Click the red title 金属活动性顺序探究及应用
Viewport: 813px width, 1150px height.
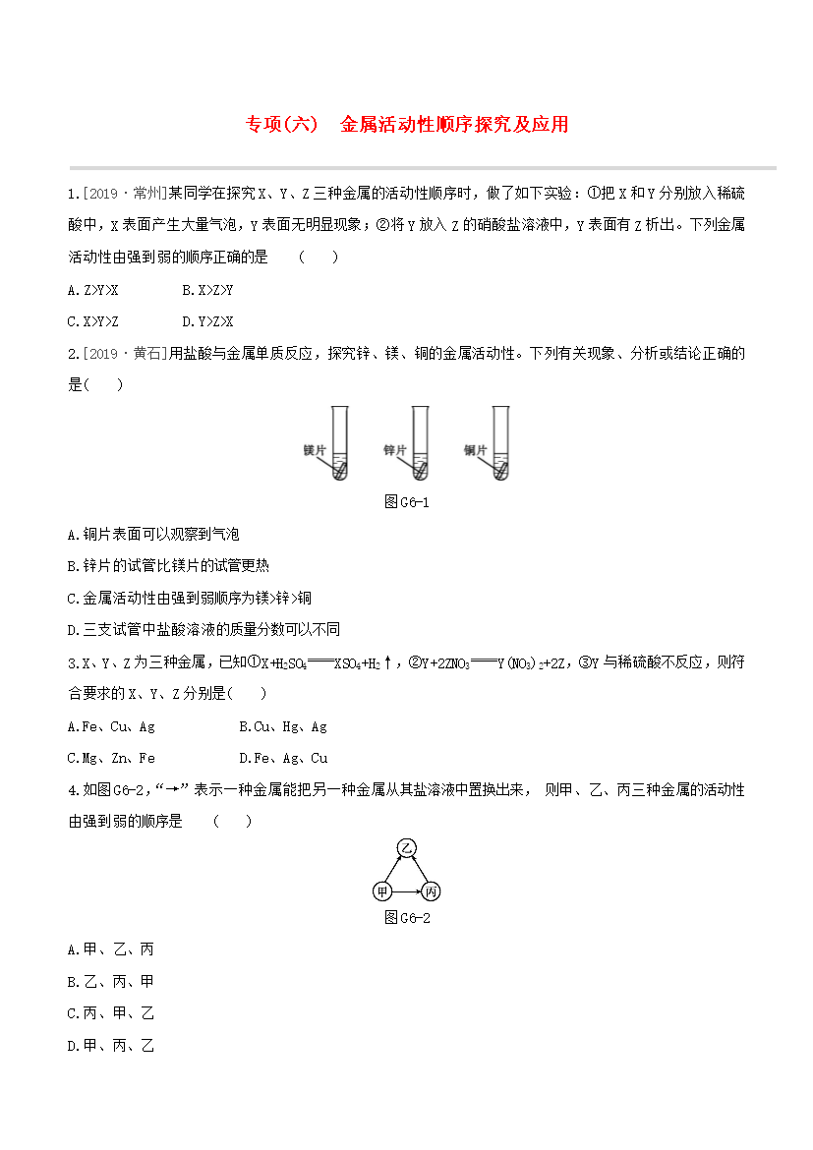[x=454, y=125]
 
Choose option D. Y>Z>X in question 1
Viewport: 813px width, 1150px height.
[x=207, y=321]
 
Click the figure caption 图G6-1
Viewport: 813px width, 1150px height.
[x=406, y=502]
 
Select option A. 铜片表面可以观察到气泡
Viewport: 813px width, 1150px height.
[x=153, y=535]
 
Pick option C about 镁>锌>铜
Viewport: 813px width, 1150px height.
[x=189, y=598]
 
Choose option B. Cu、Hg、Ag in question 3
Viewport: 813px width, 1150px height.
[x=283, y=727]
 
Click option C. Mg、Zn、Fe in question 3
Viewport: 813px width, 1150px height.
[x=111, y=759]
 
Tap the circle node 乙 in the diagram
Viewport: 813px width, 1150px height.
[x=406, y=847]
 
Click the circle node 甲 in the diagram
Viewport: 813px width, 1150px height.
[x=381, y=891]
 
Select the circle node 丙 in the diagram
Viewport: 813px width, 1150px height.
[x=430, y=891]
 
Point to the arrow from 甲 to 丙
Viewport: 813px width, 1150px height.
[x=406, y=891]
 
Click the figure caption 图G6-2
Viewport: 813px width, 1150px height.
[x=406, y=918]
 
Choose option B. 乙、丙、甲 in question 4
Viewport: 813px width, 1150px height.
[x=110, y=982]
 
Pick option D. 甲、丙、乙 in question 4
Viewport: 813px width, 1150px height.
[x=110, y=1046]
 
